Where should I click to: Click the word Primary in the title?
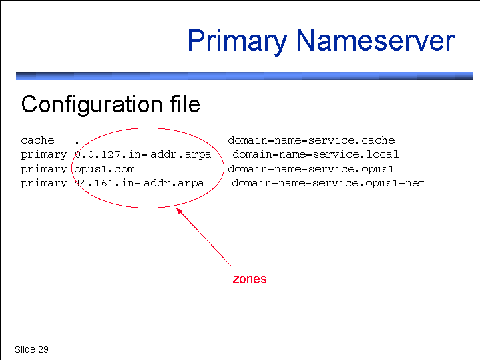coord(237,41)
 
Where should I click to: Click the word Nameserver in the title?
coord(376,40)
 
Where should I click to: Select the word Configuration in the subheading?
coord(91,105)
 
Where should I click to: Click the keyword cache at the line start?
coord(37,140)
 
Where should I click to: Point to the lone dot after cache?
coord(77,142)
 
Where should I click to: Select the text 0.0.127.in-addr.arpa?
coord(143,154)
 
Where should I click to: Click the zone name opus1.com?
coord(105,169)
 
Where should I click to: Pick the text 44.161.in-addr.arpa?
coord(140,183)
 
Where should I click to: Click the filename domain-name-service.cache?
coord(311,140)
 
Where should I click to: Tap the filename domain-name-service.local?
coord(316,154)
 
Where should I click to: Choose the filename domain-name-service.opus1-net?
coord(328,183)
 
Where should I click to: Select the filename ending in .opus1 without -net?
coord(310,169)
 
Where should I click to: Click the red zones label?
coord(250,279)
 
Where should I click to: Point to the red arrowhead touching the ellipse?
coord(179,211)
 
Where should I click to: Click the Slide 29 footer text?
coord(31,349)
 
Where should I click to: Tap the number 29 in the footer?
coord(43,349)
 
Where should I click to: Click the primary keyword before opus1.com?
coord(44,170)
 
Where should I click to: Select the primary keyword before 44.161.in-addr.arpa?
coord(44,183)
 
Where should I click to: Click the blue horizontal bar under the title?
coord(244,76)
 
